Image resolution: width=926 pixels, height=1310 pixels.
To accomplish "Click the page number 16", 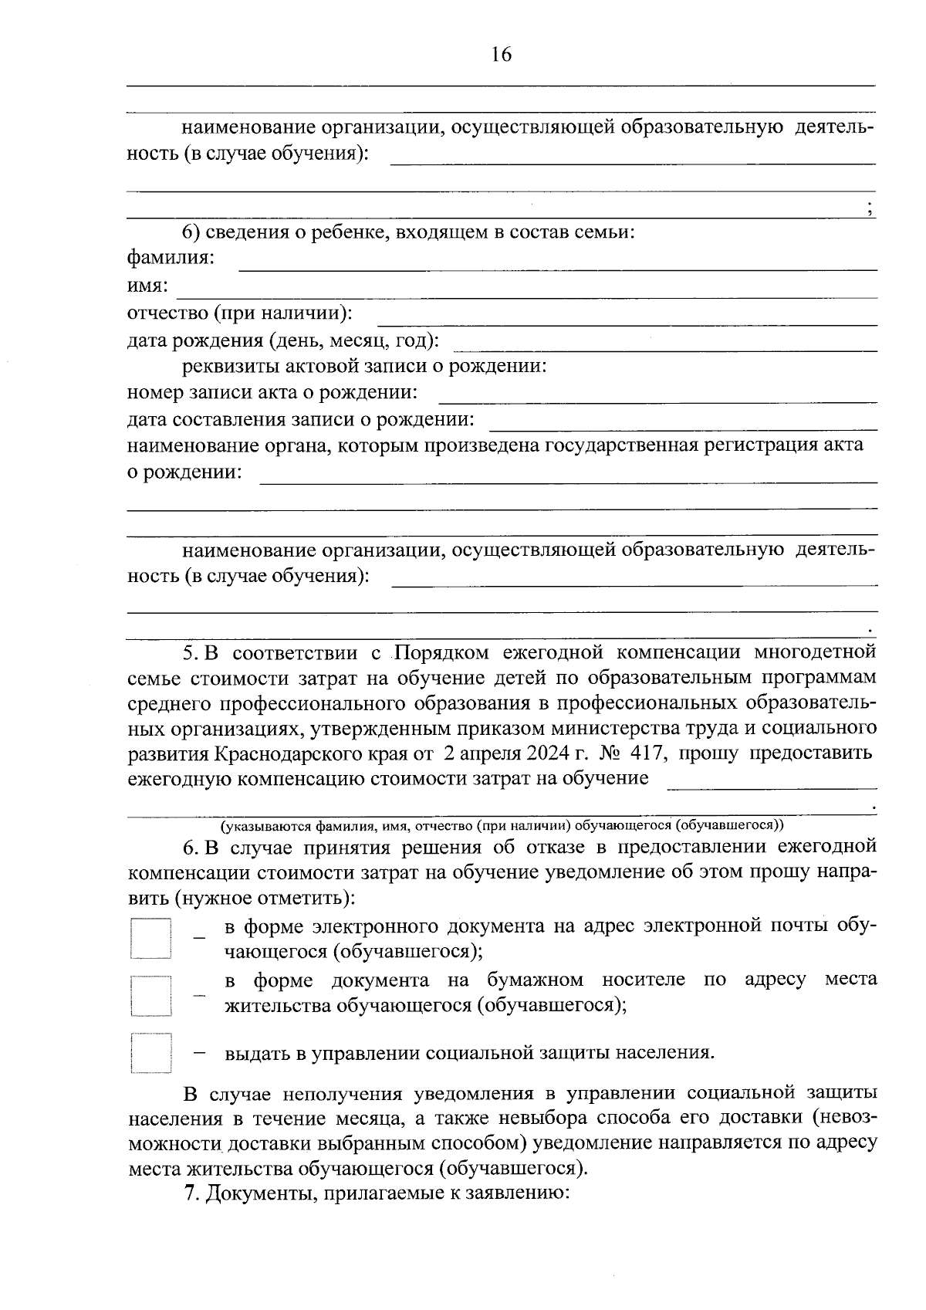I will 501,55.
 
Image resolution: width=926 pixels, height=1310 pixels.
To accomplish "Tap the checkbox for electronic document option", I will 150,938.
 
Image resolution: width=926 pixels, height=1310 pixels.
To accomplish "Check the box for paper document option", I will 150,996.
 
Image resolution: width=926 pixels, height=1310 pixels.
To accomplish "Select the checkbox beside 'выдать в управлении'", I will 150,1053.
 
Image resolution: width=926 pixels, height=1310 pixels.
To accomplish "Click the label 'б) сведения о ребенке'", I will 408,232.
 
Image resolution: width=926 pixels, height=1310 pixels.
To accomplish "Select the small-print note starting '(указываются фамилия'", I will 502,825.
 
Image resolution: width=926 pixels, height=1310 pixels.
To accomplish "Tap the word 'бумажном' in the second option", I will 535,980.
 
